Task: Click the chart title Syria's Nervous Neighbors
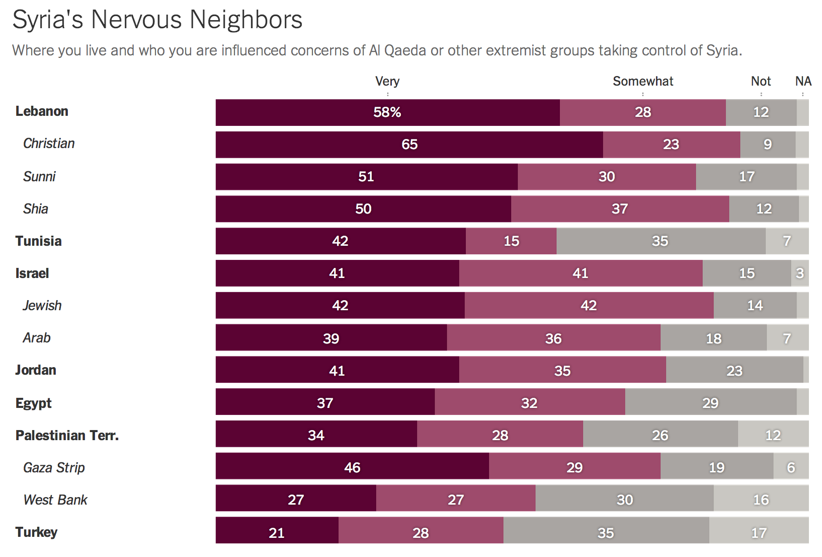(157, 20)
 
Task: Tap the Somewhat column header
(642, 82)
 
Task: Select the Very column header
(387, 82)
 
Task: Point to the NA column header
(803, 82)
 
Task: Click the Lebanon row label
(42, 111)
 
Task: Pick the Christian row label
(49, 144)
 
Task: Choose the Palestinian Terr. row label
(67, 436)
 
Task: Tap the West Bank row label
(55, 500)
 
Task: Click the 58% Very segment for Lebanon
(387, 112)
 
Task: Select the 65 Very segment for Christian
(409, 145)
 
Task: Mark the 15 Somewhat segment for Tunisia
(511, 241)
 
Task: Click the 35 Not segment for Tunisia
(660, 241)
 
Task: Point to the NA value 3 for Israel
(799, 273)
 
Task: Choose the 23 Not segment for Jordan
(734, 371)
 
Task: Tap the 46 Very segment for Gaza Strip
(352, 468)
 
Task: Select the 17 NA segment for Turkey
(759, 533)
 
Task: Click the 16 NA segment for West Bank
(761, 500)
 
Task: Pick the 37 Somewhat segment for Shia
(620, 209)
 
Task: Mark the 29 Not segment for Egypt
(710, 403)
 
